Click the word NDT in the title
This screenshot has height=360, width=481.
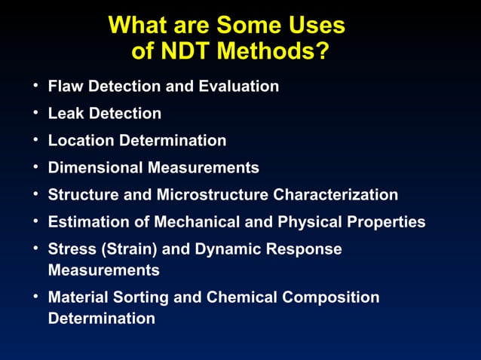(x=185, y=53)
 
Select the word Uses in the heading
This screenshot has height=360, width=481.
(x=311, y=26)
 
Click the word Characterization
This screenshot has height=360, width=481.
(x=335, y=195)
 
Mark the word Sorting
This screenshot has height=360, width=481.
(x=141, y=297)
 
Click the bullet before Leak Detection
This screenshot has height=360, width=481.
(x=35, y=113)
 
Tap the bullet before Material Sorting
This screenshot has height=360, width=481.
(x=35, y=297)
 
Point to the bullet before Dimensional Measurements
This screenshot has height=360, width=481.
(x=35, y=167)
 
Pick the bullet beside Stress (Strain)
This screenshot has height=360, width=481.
(x=35, y=249)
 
